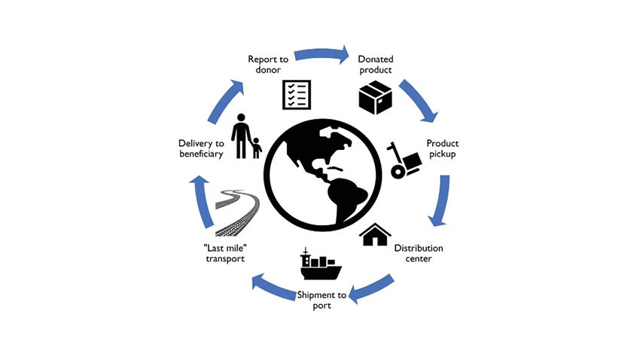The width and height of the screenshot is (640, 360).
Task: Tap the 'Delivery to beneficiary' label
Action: pyautogui.click(x=200, y=148)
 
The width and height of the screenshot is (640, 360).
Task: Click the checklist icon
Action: pyautogui.click(x=296, y=94)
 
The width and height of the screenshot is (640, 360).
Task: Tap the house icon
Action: pyautogui.click(x=374, y=234)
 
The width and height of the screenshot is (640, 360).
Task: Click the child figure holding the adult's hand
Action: pyautogui.click(x=257, y=147)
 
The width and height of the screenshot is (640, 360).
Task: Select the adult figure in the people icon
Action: pyautogui.click(x=241, y=136)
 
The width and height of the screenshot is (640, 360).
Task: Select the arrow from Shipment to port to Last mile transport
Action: pyautogui.click(x=270, y=289)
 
